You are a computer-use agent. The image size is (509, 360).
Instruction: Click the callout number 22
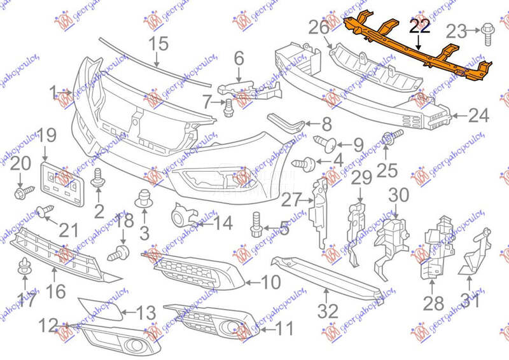(419, 26)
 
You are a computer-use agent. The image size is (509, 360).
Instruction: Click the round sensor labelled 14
(180, 216)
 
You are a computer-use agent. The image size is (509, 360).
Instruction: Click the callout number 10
(270, 281)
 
